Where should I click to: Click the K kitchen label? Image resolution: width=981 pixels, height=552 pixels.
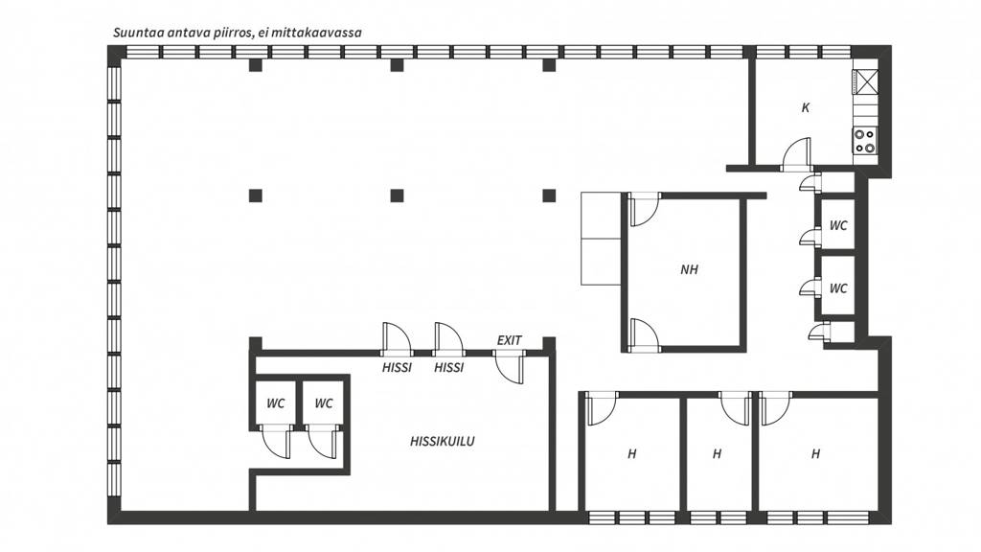805,107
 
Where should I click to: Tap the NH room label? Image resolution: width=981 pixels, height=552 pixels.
689,269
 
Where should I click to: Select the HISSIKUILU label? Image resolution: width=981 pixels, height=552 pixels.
443,441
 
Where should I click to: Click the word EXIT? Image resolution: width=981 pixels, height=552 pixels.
510,340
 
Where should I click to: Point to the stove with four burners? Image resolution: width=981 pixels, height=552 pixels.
865,142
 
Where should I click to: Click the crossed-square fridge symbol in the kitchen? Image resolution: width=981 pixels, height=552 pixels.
866,81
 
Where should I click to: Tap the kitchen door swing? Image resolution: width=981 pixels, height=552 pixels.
796,154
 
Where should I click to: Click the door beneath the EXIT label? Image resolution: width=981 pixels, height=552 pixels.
510,367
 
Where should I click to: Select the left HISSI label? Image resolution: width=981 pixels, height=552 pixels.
397,367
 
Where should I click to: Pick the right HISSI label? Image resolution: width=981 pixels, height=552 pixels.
448,367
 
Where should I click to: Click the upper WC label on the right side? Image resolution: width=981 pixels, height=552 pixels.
838,225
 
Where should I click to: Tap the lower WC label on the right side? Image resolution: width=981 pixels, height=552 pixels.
838,288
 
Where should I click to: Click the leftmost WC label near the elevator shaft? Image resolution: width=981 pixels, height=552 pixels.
275,403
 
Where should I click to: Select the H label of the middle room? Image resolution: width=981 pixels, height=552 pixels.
717,453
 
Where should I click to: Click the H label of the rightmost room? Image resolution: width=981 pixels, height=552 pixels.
815,453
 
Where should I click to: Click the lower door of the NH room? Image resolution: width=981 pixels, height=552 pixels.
645,334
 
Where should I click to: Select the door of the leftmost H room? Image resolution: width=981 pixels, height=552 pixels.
602,408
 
